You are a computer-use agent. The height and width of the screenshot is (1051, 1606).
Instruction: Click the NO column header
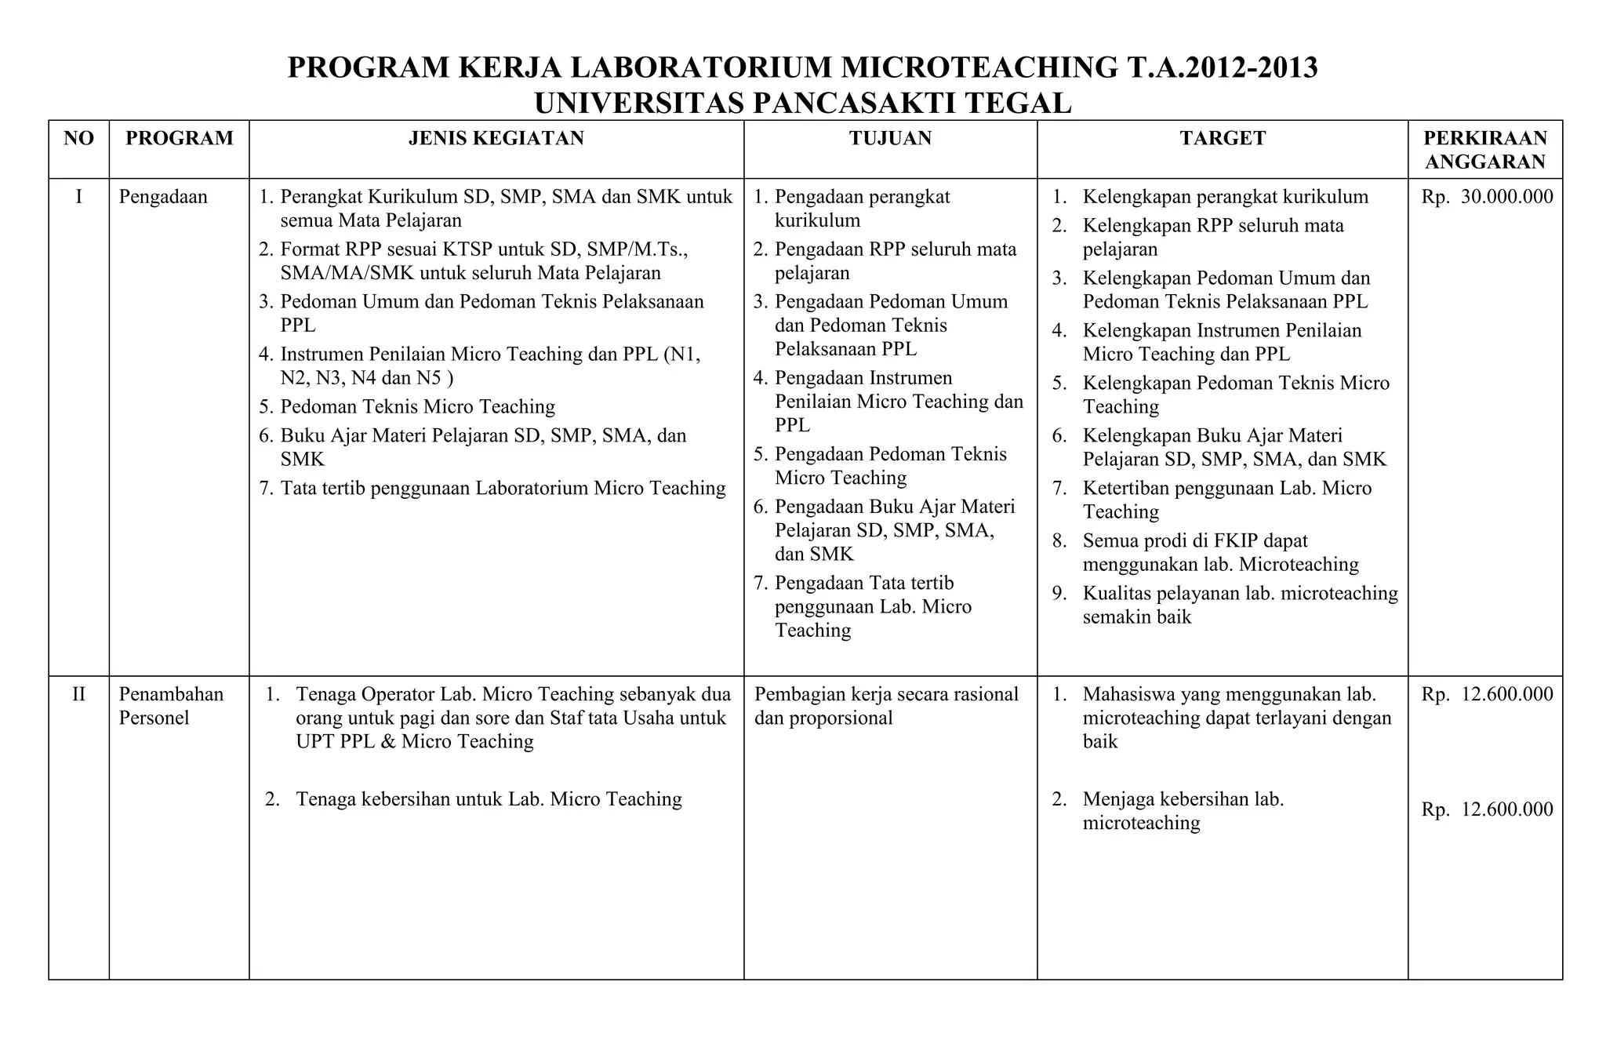pos(78,139)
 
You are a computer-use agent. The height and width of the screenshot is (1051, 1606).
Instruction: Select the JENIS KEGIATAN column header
pos(496,139)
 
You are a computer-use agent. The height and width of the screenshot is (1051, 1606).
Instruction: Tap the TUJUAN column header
pos(890,139)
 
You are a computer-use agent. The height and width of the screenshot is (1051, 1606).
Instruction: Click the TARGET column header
pos(1222,139)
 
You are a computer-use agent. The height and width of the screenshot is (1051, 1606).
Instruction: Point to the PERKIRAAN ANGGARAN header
pos(1485,150)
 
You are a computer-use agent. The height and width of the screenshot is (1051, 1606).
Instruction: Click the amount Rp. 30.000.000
pos(1487,197)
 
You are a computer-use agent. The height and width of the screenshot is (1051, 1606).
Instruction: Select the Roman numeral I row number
pos(78,197)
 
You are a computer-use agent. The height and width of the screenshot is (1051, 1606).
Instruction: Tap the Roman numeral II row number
pos(78,694)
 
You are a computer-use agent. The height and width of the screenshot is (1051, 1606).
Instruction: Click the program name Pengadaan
pos(163,197)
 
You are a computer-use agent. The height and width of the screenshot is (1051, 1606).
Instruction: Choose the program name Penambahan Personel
pos(170,706)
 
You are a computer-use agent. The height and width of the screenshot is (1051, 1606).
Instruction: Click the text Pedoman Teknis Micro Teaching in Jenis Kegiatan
pos(417,407)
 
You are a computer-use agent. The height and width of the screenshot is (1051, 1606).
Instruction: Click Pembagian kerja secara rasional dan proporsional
pos(885,706)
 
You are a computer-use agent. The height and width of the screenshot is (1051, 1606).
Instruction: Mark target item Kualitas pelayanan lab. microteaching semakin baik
pos(1239,605)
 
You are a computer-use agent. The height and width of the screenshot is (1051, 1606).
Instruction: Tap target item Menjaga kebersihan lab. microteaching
pos(1182,811)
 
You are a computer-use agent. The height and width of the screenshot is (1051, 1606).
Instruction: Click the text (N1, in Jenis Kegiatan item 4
pos(681,355)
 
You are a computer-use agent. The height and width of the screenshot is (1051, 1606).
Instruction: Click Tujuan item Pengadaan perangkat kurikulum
pos(861,209)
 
